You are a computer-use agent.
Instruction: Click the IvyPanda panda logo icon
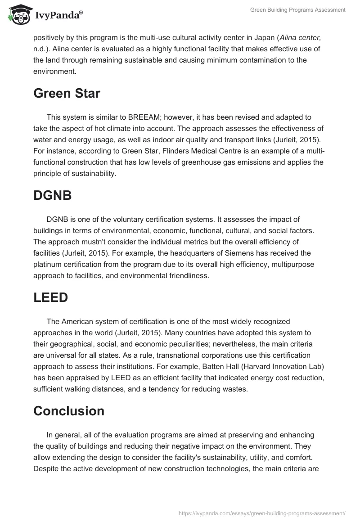(x=17, y=14)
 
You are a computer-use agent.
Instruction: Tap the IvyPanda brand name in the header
(x=58, y=15)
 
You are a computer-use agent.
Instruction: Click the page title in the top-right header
(x=298, y=9)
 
